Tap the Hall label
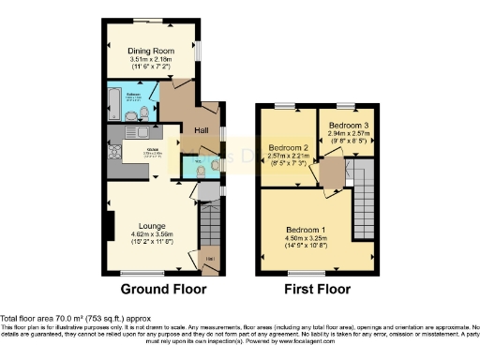201,130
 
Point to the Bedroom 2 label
289,148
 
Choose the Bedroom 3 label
342,125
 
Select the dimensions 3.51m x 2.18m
150,61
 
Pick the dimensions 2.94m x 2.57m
342,134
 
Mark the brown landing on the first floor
330,175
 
